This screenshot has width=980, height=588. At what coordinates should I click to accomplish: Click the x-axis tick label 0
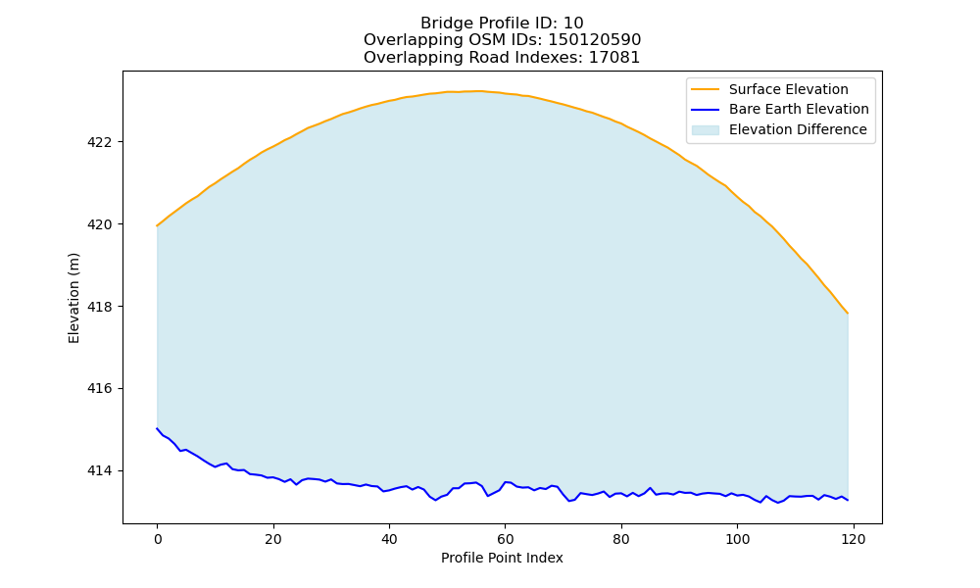pos(157,539)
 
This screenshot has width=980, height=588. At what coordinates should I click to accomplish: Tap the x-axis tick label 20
pos(273,539)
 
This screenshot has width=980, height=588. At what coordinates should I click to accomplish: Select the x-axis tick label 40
pos(389,539)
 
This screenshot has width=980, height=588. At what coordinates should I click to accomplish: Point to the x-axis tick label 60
pos(505,539)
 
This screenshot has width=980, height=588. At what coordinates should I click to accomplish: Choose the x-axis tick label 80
pos(621,539)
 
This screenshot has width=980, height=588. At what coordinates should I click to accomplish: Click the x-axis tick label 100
pos(738,539)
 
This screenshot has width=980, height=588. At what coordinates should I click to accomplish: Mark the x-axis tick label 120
pos(854,539)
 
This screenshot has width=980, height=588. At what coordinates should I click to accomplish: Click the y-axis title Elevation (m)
pos(73,298)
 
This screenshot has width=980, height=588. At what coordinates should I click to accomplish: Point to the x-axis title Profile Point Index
pos(502,558)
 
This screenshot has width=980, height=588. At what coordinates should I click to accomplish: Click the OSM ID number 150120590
pos(595,40)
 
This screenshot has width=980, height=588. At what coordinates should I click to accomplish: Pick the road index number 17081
pos(614,58)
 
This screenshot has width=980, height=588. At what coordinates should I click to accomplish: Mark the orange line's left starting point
pos(157,225)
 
